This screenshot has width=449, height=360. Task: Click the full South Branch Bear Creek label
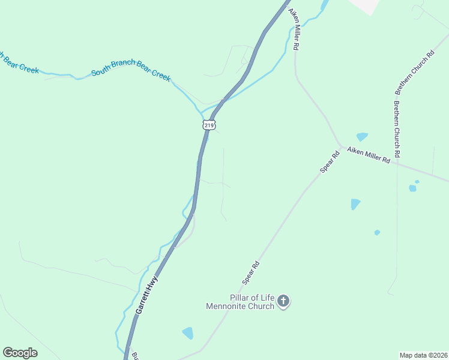coord(131,74)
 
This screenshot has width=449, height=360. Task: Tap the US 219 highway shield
coord(208,125)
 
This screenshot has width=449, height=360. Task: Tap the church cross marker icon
coord(283,302)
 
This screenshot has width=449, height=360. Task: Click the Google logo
coord(20,353)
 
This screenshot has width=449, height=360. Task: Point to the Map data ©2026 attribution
coord(423,355)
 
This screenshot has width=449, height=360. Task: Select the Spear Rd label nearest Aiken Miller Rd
coord(330,162)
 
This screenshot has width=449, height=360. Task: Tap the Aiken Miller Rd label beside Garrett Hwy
coord(295,29)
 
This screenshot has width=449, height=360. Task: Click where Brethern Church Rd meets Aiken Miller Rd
coord(397,163)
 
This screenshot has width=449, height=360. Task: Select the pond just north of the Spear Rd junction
coord(362,137)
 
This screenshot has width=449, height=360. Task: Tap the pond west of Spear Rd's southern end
coord(188,333)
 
